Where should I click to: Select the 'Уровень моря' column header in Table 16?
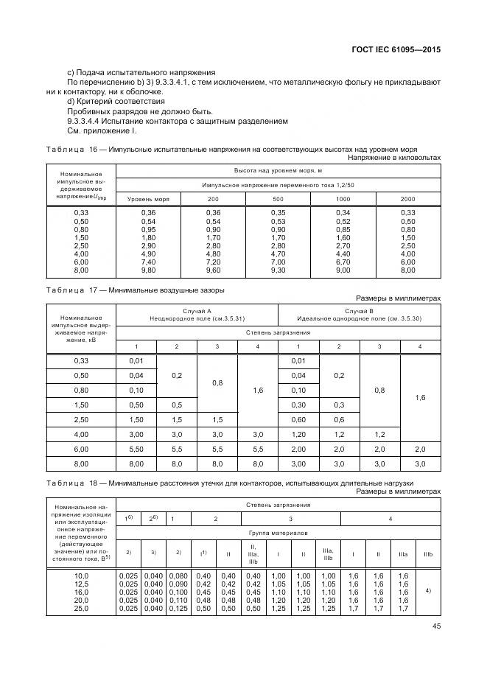coord(148,199)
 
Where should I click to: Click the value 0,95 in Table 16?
coord(148,228)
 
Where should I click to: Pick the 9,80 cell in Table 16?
coord(148,270)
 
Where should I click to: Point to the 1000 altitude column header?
coord(343,199)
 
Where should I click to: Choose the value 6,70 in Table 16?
coord(343,261)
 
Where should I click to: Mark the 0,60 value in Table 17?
coord(298,419)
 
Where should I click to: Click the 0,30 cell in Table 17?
coord(298,405)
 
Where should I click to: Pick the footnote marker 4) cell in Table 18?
coord(429,590)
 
